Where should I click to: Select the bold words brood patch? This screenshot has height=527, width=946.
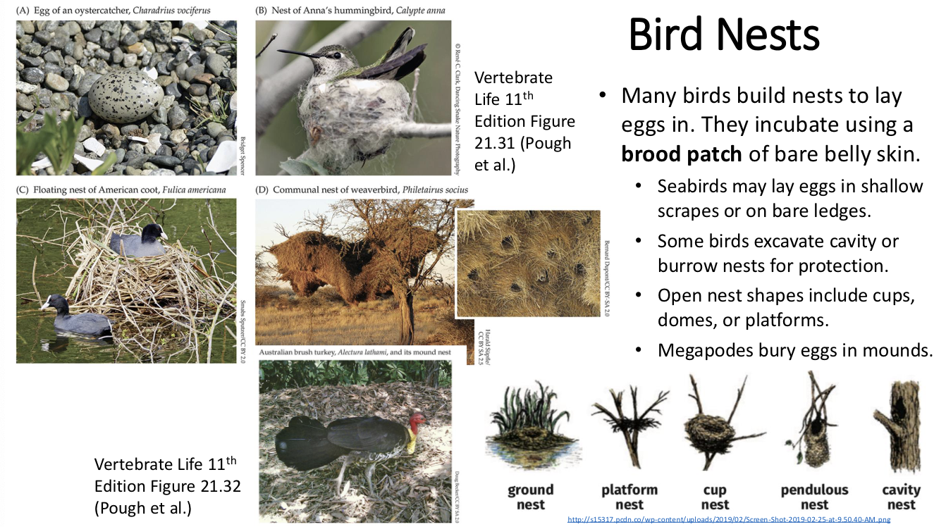click(x=681, y=154)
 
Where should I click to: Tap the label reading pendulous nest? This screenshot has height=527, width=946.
click(x=814, y=497)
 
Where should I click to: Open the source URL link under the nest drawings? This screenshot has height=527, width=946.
click(x=729, y=520)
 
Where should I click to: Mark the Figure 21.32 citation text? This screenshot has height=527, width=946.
click(x=168, y=486)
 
